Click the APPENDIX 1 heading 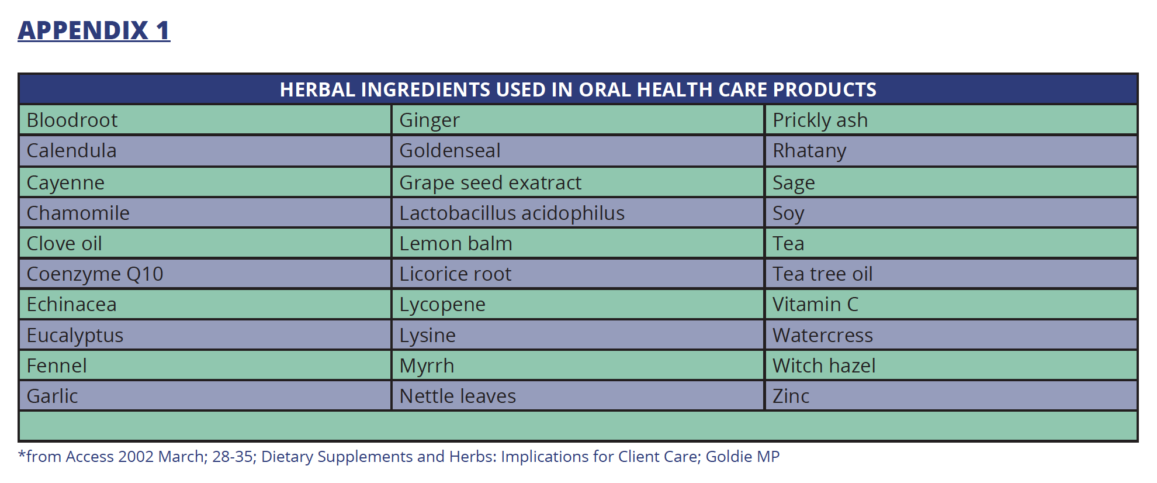[93, 30]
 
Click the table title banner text [578, 89]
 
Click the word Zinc [791, 396]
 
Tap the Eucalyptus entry [75, 336]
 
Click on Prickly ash [820, 120]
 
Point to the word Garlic [52, 396]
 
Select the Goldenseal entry [449, 150]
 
